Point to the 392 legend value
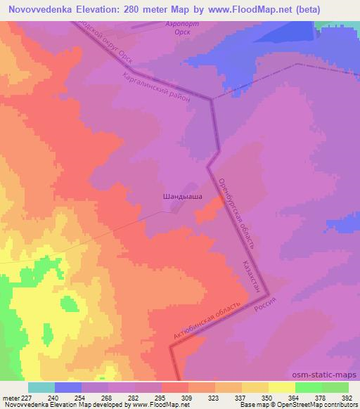coord(347,398)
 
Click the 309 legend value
coord(166,398)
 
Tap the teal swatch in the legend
coord(41,387)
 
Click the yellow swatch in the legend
coord(281,387)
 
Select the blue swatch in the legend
coord(68,387)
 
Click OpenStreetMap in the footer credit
coord(316,405)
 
